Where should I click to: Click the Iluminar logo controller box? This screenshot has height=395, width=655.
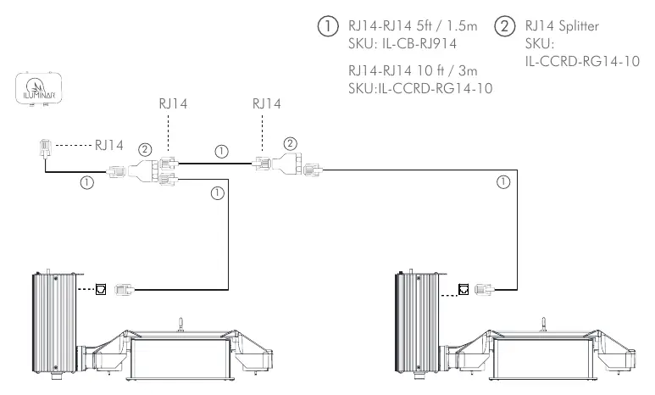coord(39,89)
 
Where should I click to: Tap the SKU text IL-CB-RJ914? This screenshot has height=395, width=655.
coord(419,43)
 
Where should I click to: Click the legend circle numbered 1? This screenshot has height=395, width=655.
coord(328,26)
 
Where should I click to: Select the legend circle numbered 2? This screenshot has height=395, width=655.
coord(505,26)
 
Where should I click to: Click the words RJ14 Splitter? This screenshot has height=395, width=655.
coord(562,26)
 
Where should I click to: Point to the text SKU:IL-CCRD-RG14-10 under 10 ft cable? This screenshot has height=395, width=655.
coord(420,88)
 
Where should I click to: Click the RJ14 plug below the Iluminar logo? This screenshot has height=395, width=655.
coord(45,148)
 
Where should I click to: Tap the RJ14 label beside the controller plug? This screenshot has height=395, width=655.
coord(108,145)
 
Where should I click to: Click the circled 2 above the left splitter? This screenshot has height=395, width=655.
coord(145,150)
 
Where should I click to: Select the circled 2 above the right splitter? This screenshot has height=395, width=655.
coord(290,144)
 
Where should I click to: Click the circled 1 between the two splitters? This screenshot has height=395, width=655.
coord(221,152)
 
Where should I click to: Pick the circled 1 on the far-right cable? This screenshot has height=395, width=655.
coord(503,182)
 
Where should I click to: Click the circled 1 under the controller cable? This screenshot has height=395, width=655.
coord(87,182)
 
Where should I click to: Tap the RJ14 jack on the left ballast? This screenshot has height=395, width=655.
coord(101,289)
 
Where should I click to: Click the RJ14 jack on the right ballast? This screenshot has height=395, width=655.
coord(463,289)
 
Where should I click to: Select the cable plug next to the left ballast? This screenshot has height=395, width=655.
coord(124,289)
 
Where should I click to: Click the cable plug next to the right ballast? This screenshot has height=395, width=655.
coord(484,289)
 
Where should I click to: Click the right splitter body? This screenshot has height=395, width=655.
coord(287,164)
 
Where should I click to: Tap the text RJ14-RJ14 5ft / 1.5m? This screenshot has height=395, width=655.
coord(413,26)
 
